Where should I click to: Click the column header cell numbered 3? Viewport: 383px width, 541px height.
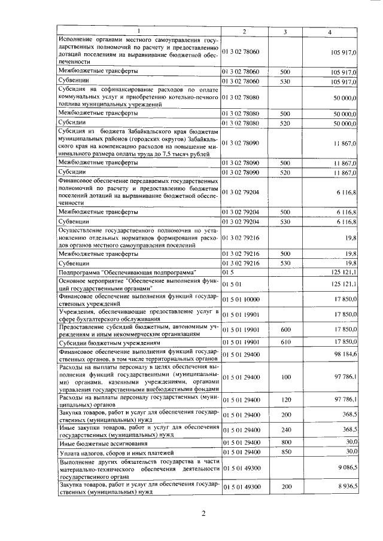tap(285, 31)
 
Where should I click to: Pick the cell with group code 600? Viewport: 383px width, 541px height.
tap(285, 329)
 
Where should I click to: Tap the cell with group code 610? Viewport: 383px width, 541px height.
tap(285, 343)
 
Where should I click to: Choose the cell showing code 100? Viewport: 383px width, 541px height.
tap(285, 378)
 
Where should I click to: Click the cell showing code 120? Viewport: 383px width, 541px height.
tap(285, 400)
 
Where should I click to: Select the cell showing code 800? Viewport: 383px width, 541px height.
tap(285, 442)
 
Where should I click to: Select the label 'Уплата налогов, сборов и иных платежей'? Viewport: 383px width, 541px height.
tap(108, 452)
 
